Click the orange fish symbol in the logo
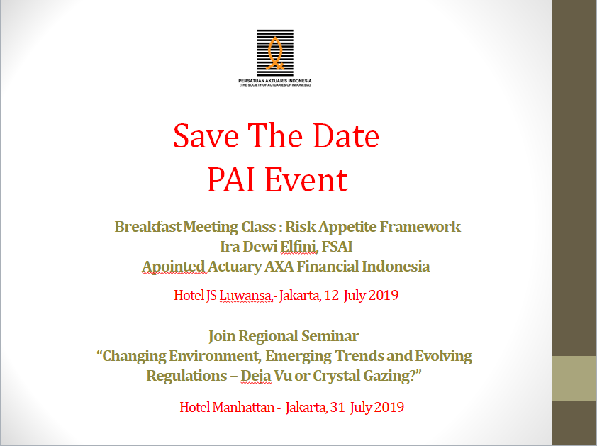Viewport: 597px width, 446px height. pyautogui.click(x=275, y=53)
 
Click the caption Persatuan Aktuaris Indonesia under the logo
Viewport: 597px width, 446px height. pyautogui.click(x=275, y=81)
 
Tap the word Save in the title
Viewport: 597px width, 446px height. pyautogui.click(x=206, y=136)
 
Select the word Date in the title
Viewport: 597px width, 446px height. pyautogui.click(x=346, y=136)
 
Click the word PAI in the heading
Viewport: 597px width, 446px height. pyautogui.click(x=230, y=180)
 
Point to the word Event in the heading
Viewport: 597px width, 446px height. pyautogui.click(x=306, y=180)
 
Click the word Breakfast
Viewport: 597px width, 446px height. pyautogui.click(x=147, y=227)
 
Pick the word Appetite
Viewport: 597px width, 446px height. pyautogui.click(x=347, y=228)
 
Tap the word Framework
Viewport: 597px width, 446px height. pyautogui.click(x=420, y=227)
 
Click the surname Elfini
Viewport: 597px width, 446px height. pyautogui.click(x=298, y=247)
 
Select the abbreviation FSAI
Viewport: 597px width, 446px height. pyautogui.click(x=337, y=247)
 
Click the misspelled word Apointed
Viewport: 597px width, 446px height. pyautogui.click(x=174, y=267)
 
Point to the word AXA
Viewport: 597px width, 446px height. pyautogui.click(x=279, y=267)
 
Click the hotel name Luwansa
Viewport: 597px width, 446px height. pyautogui.click(x=245, y=295)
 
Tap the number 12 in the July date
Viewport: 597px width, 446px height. pyautogui.click(x=332, y=296)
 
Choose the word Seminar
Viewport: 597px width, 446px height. pyautogui.click(x=330, y=336)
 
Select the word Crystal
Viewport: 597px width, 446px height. pyautogui.click(x=337, y=377)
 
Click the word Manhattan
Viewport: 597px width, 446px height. pyautogui.click(x=243, y=407)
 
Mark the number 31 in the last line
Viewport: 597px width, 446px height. pyautogui.click(x=337, y=408)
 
